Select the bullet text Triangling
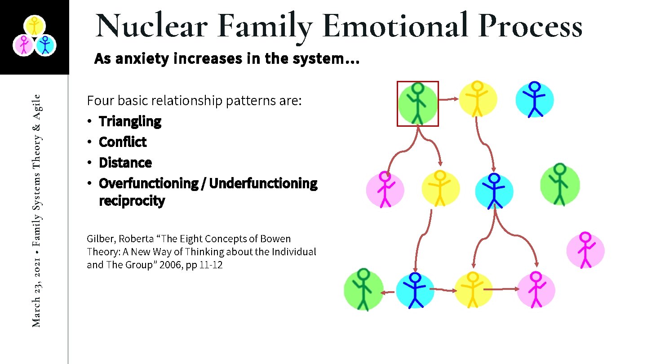(x=130, y=121)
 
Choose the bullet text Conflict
(x=123, y=142)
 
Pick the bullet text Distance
(x=125, y=163)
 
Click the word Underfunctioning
(x=263, y=183)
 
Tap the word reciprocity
(x=132, y=200)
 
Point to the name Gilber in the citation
(x=101, y=239)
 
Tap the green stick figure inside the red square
(x=418, y=104)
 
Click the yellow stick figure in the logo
(x=34, y=26)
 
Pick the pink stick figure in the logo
(x=24, y=45)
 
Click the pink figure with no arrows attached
(x=585, y=250)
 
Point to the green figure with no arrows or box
(x=559, y=184)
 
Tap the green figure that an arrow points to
(x=363, y=290)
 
